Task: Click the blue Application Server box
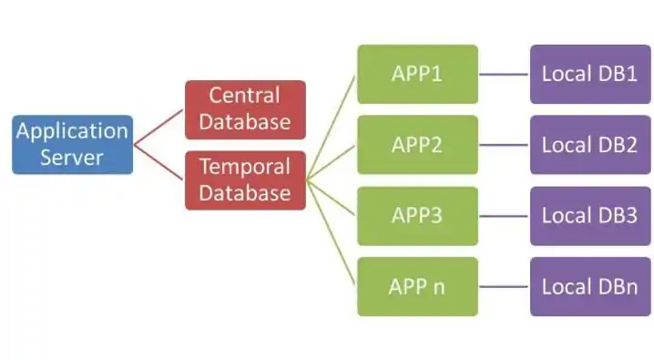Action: tap(72, 144)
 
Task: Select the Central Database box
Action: tap(245, 108)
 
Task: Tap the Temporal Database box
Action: tap(245, 180)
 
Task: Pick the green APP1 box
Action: tap(416, 74)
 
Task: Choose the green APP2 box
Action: tap(416, 145)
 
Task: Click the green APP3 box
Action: tap(416, 216)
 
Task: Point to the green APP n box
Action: tap(416, 286)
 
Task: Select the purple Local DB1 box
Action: tap(589, 74)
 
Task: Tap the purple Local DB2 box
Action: tap(589, 145)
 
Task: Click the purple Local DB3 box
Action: tap(589, 216)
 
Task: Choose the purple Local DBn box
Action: tap(589, 286)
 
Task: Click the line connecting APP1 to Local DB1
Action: tap(504, 74)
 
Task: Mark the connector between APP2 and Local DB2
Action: tap(504, 145)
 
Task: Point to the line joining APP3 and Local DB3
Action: tap(504, 216)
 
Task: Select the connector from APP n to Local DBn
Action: tap(504, 286)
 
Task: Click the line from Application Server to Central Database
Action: tap(158, 127)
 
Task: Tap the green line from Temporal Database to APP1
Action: tap(332, 127)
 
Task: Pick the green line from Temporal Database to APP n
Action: tap(332, 232)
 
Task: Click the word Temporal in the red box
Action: tap(245, 168)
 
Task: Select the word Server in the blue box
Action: tap(72, 157)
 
